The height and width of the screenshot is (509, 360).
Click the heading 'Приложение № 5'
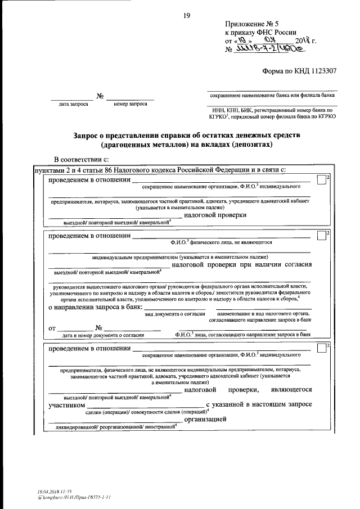tap(252, 24)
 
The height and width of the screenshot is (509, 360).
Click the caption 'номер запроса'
tap(130, 104)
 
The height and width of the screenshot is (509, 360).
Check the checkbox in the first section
tap(321, 180)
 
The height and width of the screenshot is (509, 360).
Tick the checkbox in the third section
tap(321, 348)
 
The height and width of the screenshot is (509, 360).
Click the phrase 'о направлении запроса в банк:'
tap(94, 307)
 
